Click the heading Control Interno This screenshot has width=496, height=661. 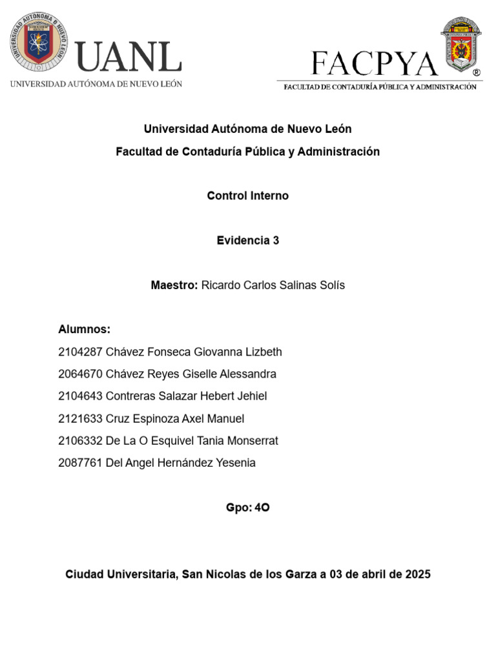click(x=248, y=196)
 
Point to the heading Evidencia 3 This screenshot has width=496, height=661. click(x=248, y=240)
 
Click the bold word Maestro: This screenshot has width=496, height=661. click(x=174, y=285)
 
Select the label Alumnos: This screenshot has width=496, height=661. click(x=85, y=330)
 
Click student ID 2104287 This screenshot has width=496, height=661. click(x=80, y=352)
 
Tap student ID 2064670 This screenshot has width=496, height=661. click(x=80, y=374)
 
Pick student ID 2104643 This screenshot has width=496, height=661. click(x=80, y=396)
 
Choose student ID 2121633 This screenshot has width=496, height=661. click(x=80, y=419)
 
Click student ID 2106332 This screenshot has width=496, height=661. click(x=80, y=441)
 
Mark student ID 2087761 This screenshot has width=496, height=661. click(x=80, y=463)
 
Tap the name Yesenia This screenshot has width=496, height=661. click(x=235, y=463)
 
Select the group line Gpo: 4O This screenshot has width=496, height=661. click(x=248, y=508)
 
